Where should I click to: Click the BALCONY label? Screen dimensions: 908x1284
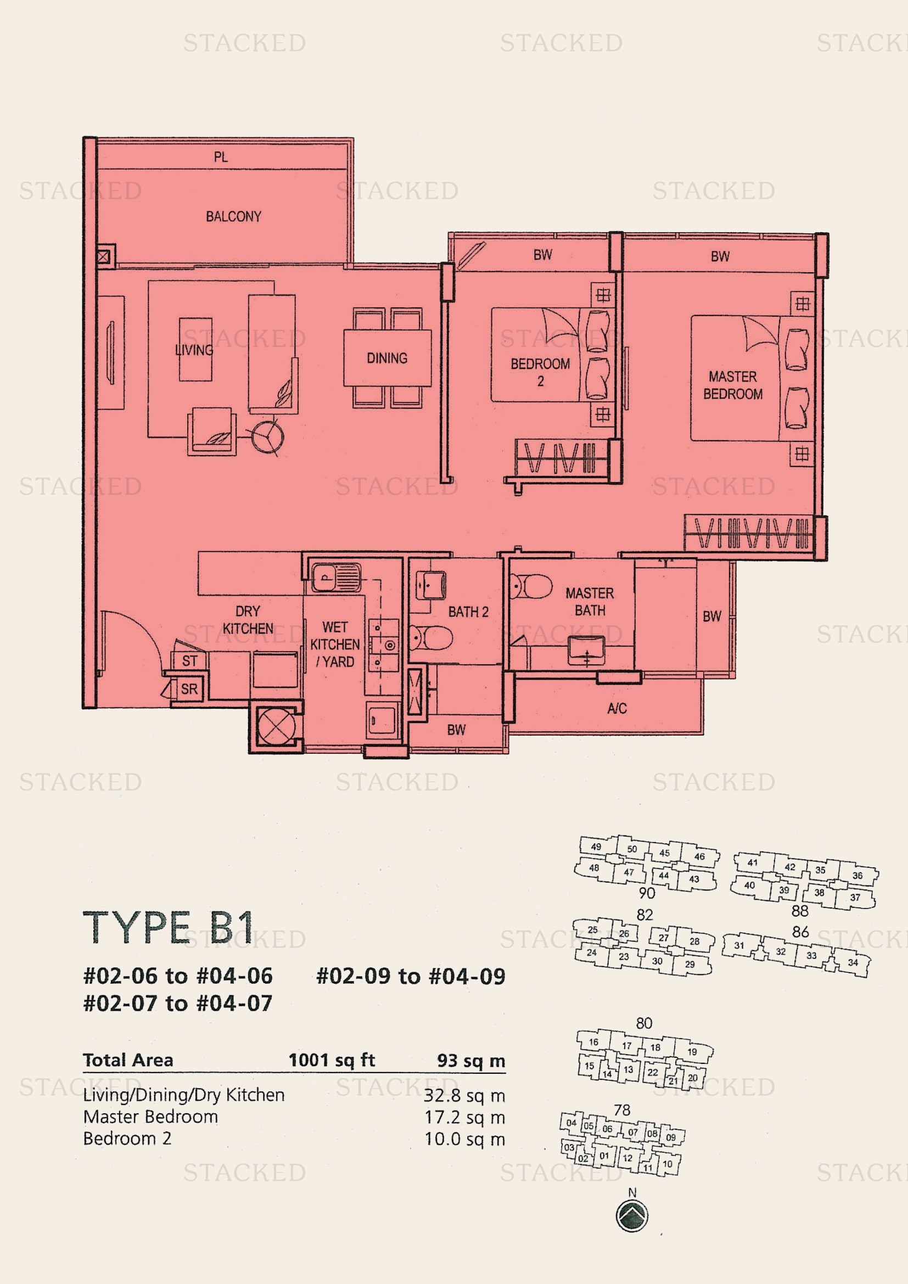pyautogui.click(x=233, y=216)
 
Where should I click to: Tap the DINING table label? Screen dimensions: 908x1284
pyautogui.click(x=387, y=358)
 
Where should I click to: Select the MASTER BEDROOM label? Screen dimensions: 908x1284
pyautogui.click(x=732, y=385)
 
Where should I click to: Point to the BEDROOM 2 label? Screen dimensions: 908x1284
pyautogui.click(x=540, y=372)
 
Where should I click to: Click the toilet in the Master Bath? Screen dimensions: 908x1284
pyautogui.click(x=531, y=587)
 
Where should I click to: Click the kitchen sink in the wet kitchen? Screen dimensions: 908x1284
pyautogui.click(x=336, y=577)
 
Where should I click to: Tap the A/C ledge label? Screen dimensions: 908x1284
pyautogui.click(x=617, y=709)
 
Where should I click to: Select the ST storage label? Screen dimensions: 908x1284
pyautogui.click(x=189, y=660)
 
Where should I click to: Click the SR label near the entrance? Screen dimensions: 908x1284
pyautogui.click(x=189, y=689)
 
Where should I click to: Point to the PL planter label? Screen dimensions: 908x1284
pyautogui.click(x=221, y=157)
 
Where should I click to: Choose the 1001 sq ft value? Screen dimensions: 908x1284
pyautogui.click(x=332, y=1059)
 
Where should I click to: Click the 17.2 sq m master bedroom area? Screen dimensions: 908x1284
pyautogui.click(x=464, y=1117)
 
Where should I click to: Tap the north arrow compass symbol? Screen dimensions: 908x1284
pyautogui.click(x=632, y=1216)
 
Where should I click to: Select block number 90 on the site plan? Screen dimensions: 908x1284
pyautogui.click(x=647, y=893)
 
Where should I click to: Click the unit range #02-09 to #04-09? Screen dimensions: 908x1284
pyautogui.click(x=411, y=977)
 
